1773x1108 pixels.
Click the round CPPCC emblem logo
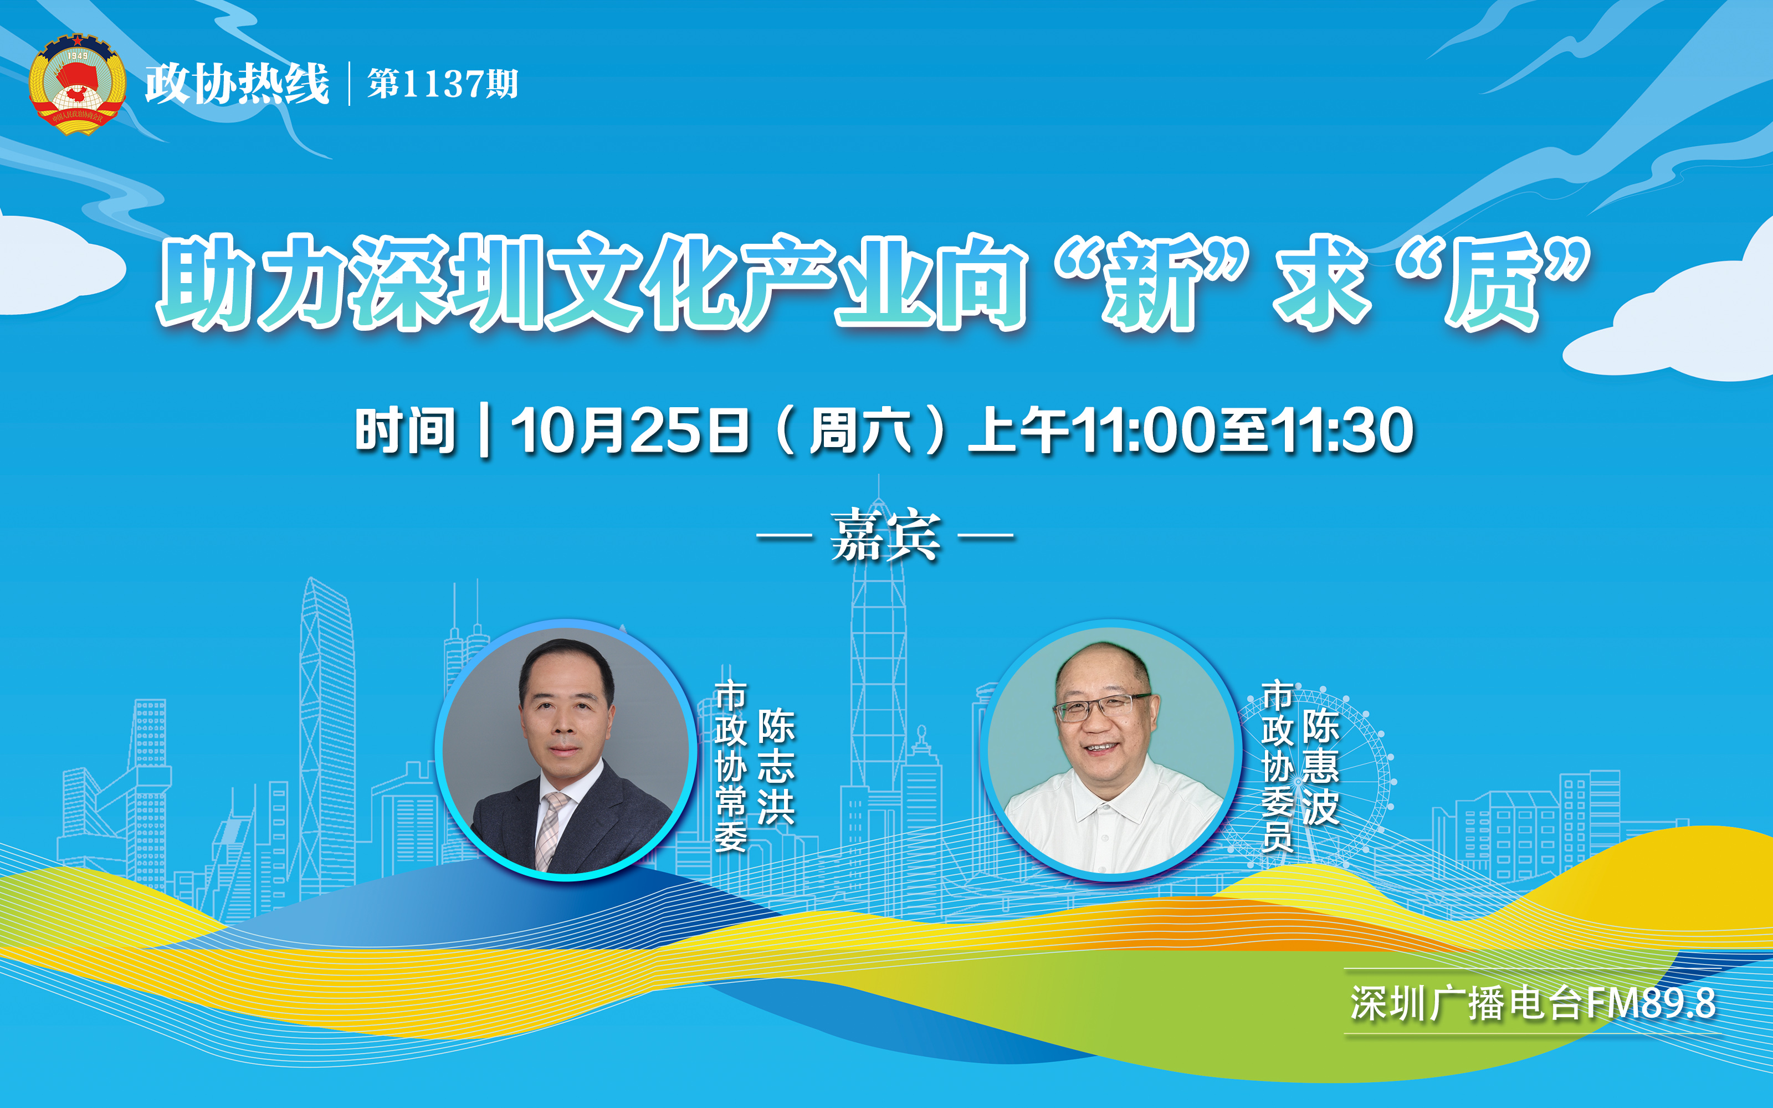tap(77, 84)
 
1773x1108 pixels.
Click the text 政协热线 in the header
tap(237, 84)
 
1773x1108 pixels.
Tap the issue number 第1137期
tap(443, 84)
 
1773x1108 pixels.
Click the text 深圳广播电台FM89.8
tap(1533, 1003)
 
